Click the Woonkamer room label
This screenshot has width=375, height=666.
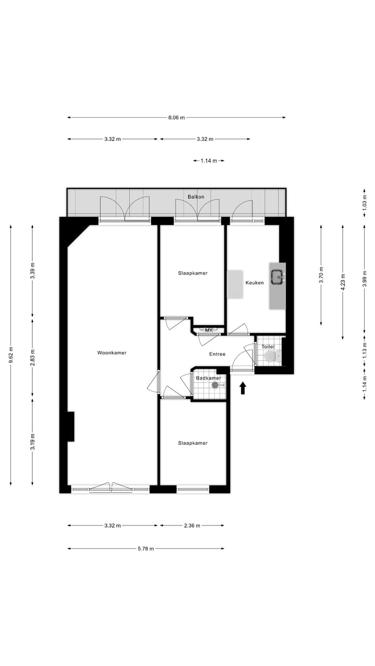[x=111, y=353]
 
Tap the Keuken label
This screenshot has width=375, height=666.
[x=255, y=283]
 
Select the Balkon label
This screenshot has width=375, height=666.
[x=196, y=197]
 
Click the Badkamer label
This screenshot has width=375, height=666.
[x=208, y=378]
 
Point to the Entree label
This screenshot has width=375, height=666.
[x=217, y=354]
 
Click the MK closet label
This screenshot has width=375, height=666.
[x=209, y=330]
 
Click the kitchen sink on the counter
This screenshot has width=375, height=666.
[x=277, y=276]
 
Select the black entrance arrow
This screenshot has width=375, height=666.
[x=243, y=388]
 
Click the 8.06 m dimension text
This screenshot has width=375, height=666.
[x=177, y=118]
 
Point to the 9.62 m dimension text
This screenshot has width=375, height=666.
[x=11, y=356]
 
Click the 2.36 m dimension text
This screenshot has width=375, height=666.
[x=192, y=526]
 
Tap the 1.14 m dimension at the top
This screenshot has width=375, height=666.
[x=208, y=161]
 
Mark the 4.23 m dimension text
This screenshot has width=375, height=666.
[x=343, y=281]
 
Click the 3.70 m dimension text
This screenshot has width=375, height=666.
[x=321, y=274]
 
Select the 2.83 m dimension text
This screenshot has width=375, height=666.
[x=32, y=357]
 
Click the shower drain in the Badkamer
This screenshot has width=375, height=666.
[x=215, y=385]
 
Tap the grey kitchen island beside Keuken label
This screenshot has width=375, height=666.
[x=235, y=284]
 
